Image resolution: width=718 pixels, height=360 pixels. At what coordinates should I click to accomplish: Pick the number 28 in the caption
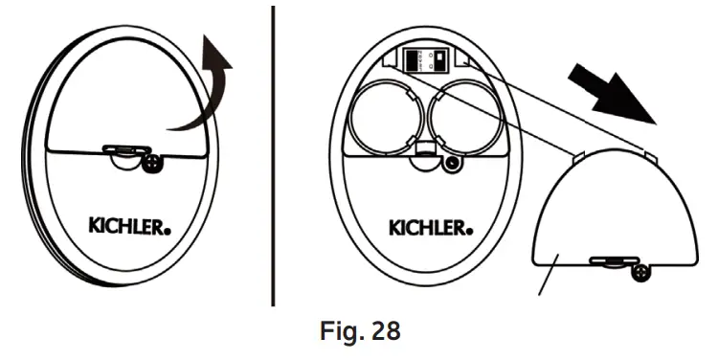click(x=380, y=333)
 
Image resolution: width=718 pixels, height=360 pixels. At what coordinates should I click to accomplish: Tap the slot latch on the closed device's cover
click(x=123, y=149)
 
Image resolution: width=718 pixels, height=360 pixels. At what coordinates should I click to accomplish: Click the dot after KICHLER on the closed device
click(x=171, y=231)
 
